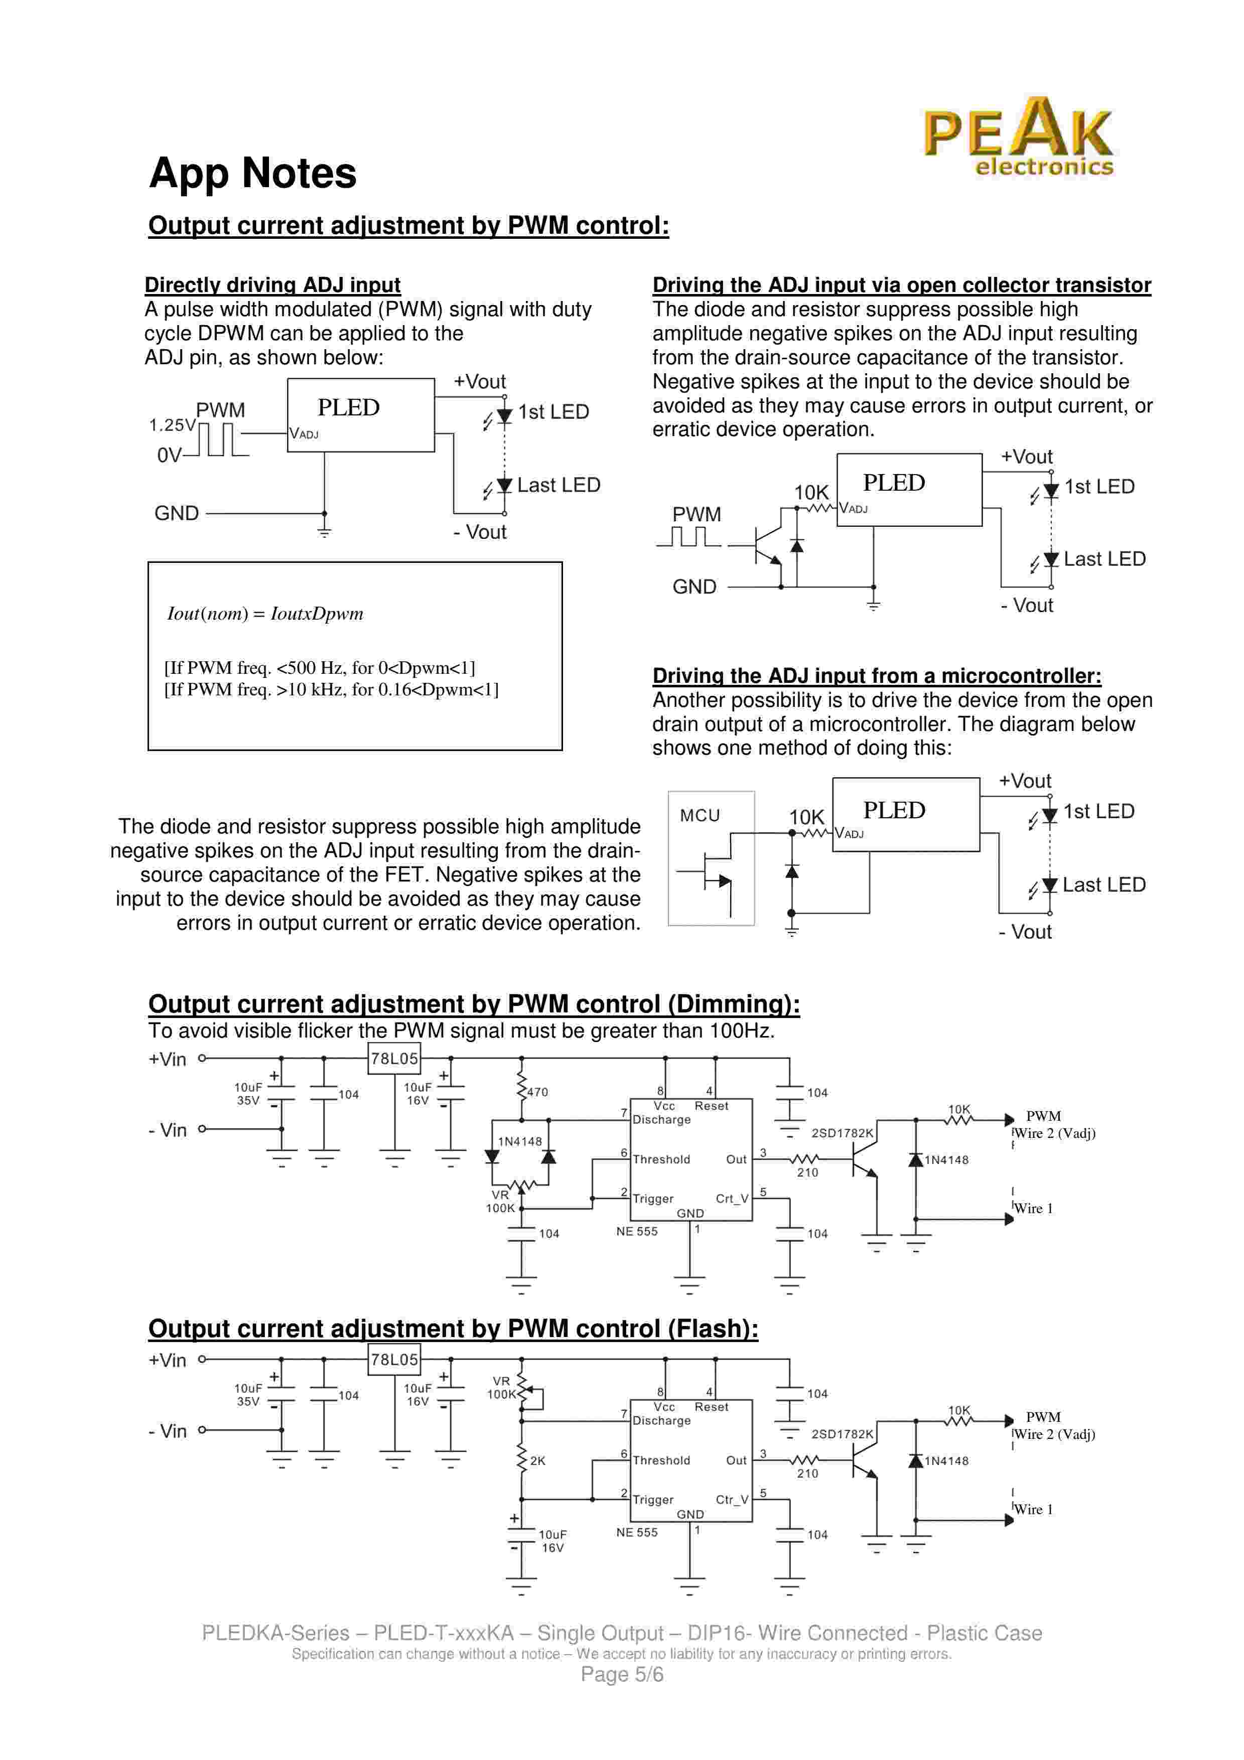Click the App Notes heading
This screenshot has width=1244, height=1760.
click(252, 173)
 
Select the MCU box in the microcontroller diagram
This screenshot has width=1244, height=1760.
click(711, 858)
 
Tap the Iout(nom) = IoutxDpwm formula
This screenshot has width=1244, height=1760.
click(265, 613)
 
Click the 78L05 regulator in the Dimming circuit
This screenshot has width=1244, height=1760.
click(394, 1059)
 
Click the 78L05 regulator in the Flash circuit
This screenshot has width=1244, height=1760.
click(394, 1360)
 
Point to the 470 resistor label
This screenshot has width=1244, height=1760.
click(537, 1092)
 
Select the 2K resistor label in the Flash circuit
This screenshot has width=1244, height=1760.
click(537, 1461)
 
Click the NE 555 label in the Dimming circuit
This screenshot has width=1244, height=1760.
click(636, 1231)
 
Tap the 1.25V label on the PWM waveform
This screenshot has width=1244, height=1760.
click(172, 424)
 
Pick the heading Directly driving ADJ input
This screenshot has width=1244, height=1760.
click(272, 285)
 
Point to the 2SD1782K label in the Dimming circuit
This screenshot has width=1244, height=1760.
click(842, 1133)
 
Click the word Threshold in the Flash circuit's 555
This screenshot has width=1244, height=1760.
click(661, 1460)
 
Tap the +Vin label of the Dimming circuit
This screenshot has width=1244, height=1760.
click(167, 1060)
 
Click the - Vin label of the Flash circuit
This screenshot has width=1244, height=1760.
click(167, 1431)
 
